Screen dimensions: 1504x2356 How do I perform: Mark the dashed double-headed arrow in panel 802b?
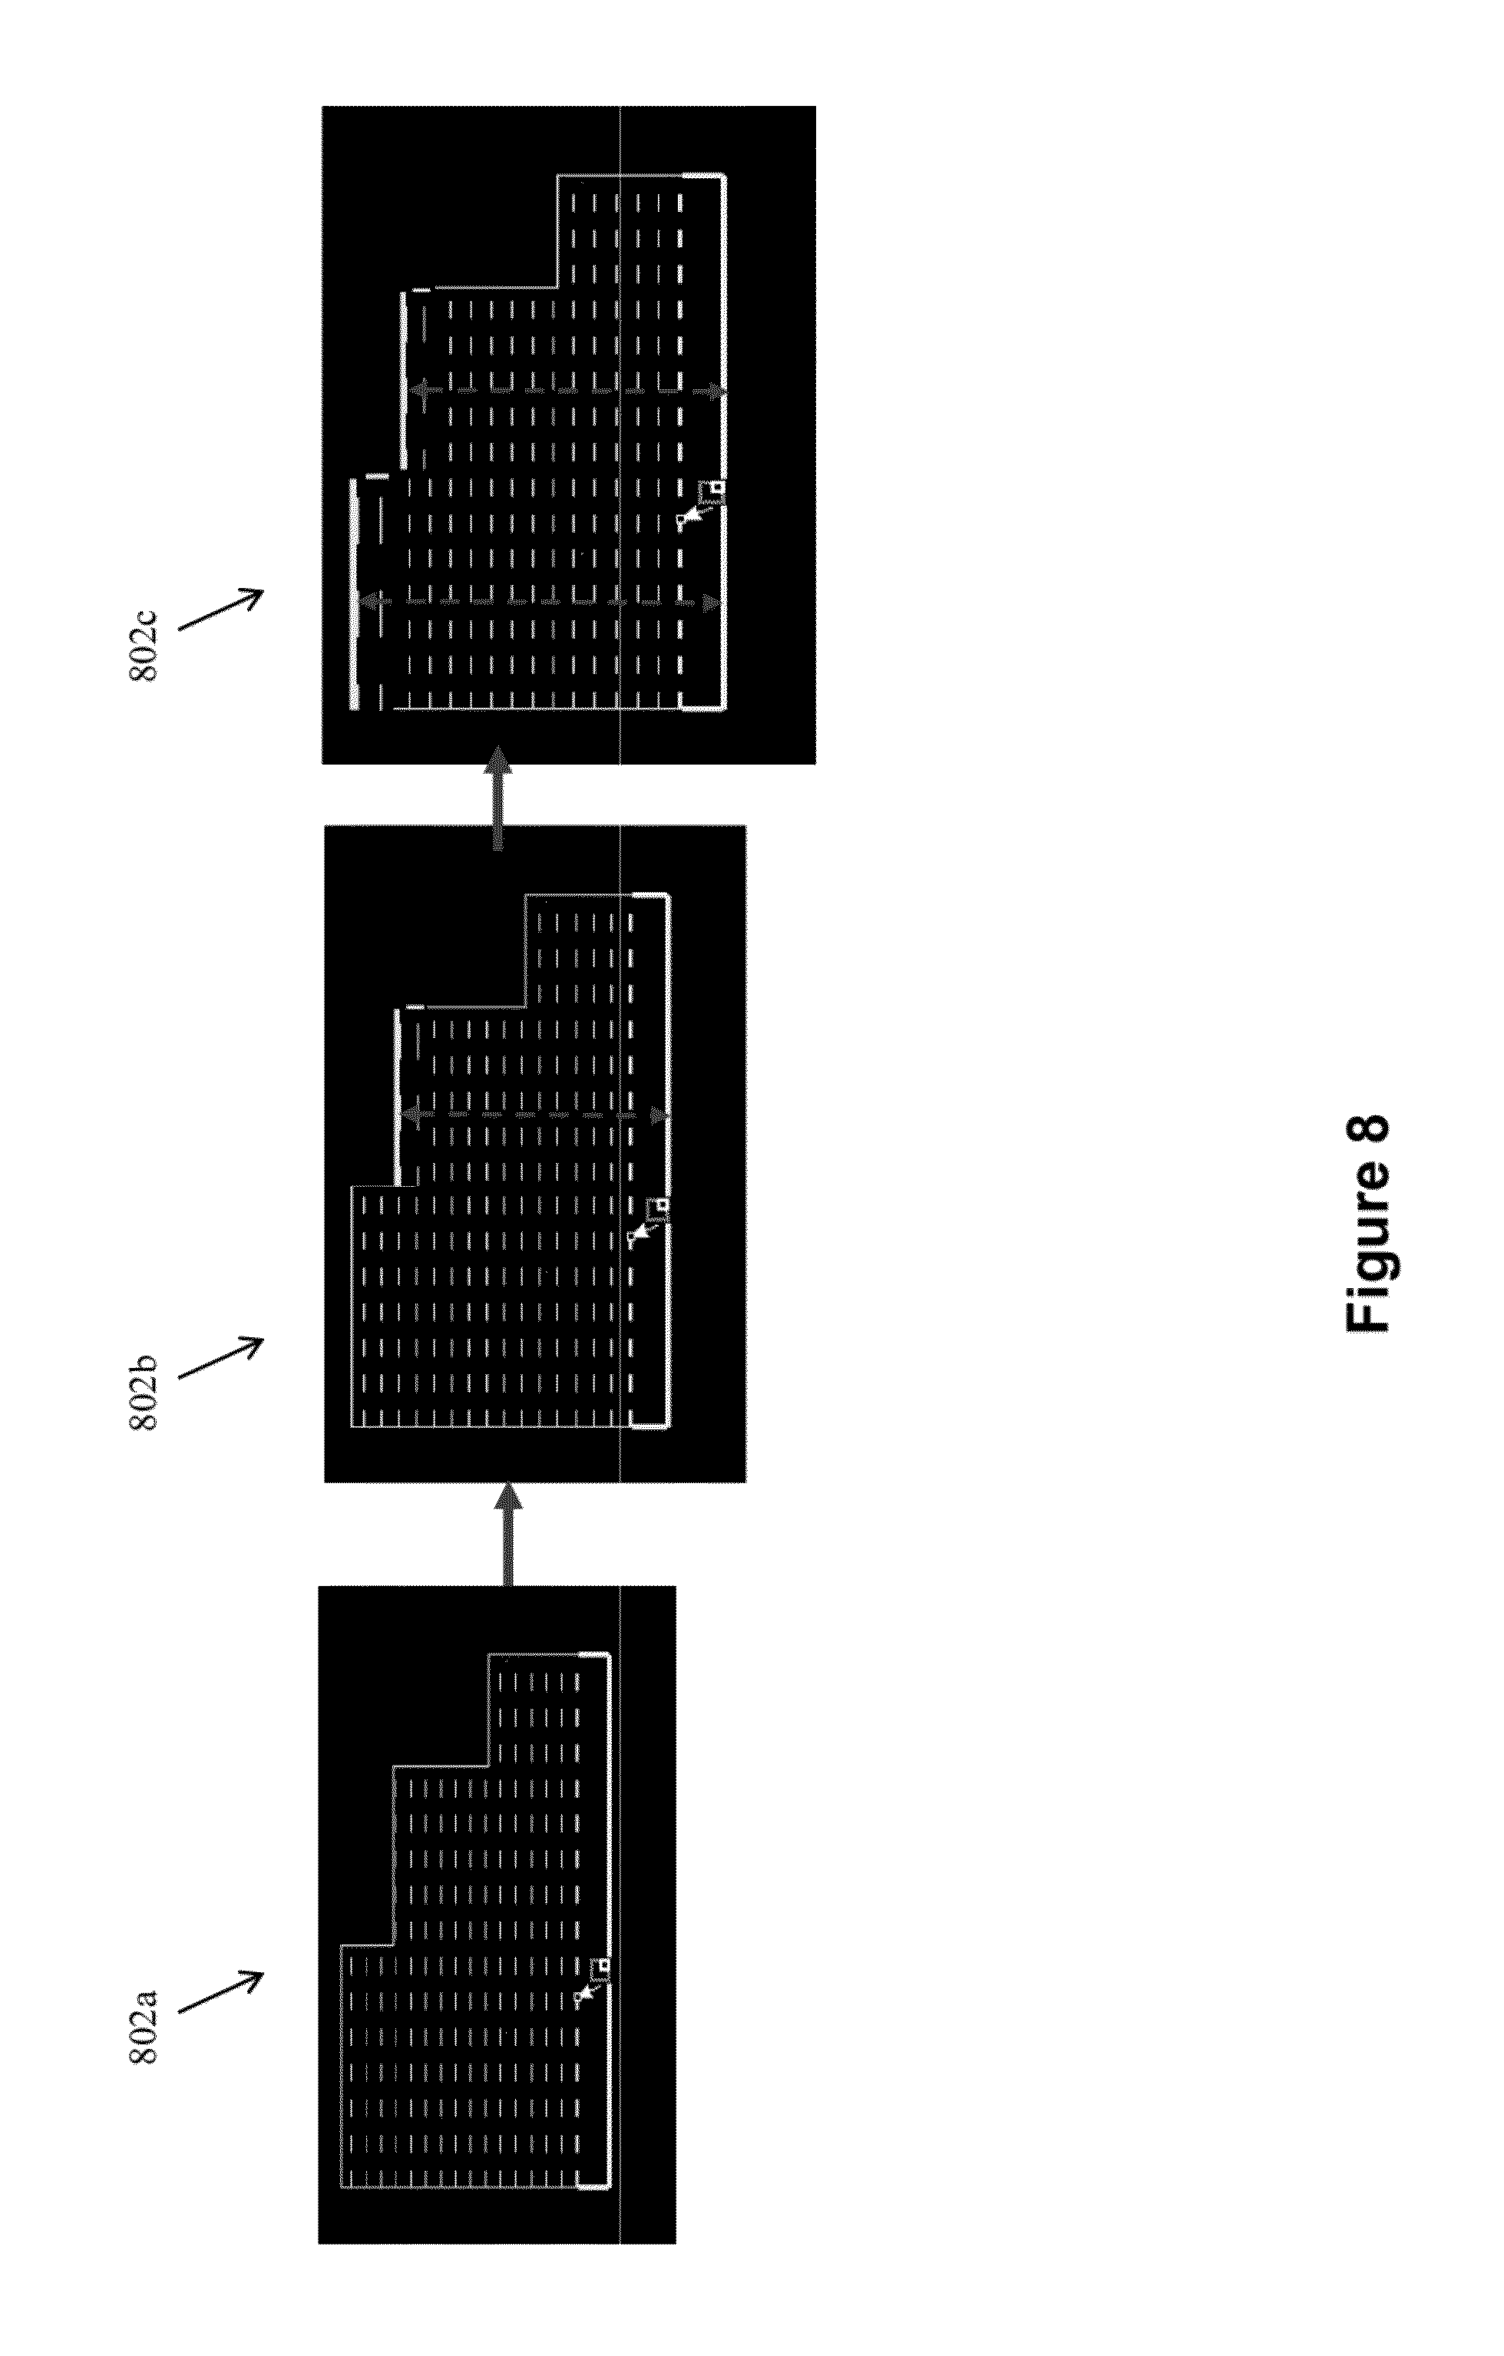[x=536, y=1115]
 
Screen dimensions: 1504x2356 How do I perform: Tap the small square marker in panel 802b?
[x=663, y=1204]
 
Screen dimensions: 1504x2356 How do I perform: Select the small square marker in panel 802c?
[x=717, y=486]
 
